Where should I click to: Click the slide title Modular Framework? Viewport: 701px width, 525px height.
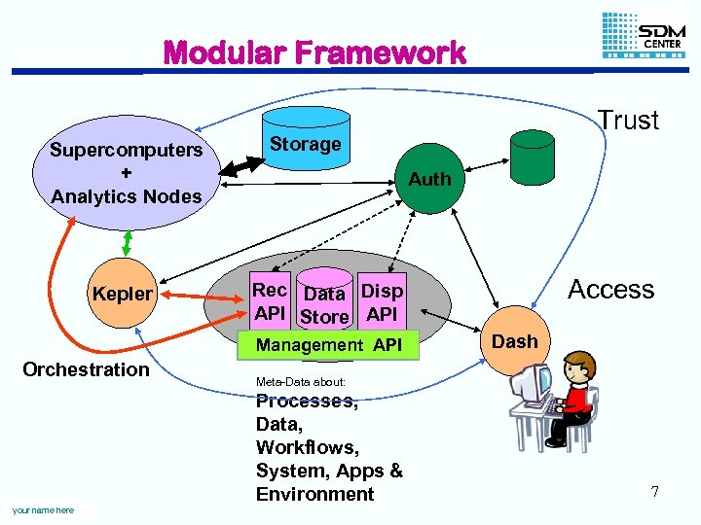pyautogui.click(x=314, y=52)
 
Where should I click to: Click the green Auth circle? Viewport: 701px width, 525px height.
pyautogui.click(x=429, y=179)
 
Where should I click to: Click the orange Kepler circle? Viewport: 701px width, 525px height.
pyautogui.click(x=122, y=294)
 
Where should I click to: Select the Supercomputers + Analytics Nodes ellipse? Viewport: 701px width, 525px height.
pyautogui.click(x=126, y=173)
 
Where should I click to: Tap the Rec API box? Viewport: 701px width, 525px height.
pyautogui.click(x=270, y=301)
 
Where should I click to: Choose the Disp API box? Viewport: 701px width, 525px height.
pyautogui.click(x=382, y=301)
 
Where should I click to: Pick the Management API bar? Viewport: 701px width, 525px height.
pyautogui.click(x=328, y=345)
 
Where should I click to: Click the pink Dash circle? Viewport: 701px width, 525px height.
pyautogui.click(x=514, y=341)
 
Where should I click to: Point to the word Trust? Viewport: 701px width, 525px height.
pyautogui.click(x=628, y=121)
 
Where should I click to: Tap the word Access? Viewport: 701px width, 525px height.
pyautogui.click(x=610, y=289)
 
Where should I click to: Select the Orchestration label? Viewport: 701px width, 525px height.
pyautogui.click(x=86, y=369)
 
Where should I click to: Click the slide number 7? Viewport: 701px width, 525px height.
pyautogui.click(x=655, y=492)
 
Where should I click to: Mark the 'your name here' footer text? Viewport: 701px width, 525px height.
pyautogui.click(x=43, y=510)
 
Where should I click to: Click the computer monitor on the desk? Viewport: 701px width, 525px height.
pyautogui.click(x=535, y=382)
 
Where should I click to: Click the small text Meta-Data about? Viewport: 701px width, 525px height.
pyautogui.click(x=300, y=381)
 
